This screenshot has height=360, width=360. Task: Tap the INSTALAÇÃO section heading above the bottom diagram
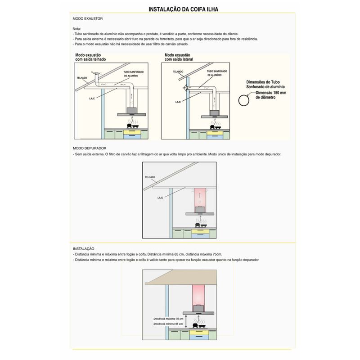coord(83,248)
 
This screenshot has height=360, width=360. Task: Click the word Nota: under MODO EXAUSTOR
coord(76,28)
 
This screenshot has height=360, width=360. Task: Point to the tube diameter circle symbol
coord(243,100)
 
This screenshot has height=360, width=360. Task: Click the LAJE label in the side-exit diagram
coord(178,102)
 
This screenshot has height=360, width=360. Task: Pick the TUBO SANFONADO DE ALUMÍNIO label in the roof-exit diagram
coord(133,73)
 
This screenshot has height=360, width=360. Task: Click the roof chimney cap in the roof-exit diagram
coord(95,73)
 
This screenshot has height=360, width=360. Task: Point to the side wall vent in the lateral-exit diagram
coord(184,89)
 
